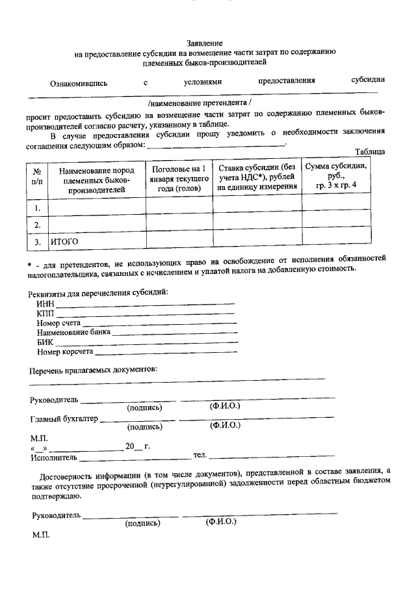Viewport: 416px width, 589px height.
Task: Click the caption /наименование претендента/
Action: (x=199, y=103)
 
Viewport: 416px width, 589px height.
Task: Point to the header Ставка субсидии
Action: (x=257, y=177)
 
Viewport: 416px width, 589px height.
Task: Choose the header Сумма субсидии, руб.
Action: (x=336, y=176)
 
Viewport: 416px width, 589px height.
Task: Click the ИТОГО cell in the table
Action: (x=64, y=241)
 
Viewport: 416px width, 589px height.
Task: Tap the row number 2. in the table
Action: (x=38, y=225)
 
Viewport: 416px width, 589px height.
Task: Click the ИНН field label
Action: (x=45, y=304)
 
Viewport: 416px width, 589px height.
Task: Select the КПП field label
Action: (x=45, y=314)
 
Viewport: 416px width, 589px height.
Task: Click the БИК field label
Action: (x=45, y=342)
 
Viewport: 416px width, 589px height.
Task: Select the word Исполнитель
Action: (x=53, y=457)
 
